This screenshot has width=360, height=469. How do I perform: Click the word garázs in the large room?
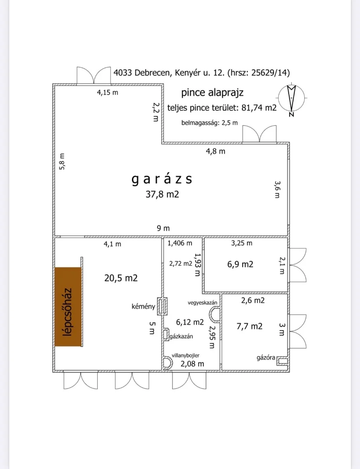point(162,179)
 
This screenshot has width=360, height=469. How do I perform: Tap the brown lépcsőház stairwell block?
point(68,307)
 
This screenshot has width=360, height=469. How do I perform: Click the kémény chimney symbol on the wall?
point(162,306)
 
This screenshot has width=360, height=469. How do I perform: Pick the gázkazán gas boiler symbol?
point(166,335)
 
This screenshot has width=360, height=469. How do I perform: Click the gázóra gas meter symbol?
point(282,361)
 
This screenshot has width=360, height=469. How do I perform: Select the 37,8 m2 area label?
point(162,195)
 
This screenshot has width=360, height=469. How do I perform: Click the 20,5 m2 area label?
point(121,278)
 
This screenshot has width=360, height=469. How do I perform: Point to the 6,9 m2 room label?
point(241,264)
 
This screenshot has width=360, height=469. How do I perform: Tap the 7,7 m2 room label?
point(250,326)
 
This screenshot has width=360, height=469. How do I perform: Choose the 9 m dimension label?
point(163,228)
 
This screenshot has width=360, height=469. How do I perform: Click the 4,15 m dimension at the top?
point(107,92)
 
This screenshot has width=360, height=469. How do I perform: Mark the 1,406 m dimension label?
point(180,243)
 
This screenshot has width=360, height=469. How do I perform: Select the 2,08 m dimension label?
point(192,364)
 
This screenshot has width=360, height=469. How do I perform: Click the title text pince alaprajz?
point(212,92)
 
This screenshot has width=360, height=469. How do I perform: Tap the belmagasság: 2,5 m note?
point(210,122)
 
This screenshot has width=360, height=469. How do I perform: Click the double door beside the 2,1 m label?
point(297,265)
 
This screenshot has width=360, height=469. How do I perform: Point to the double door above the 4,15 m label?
point(94,75)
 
